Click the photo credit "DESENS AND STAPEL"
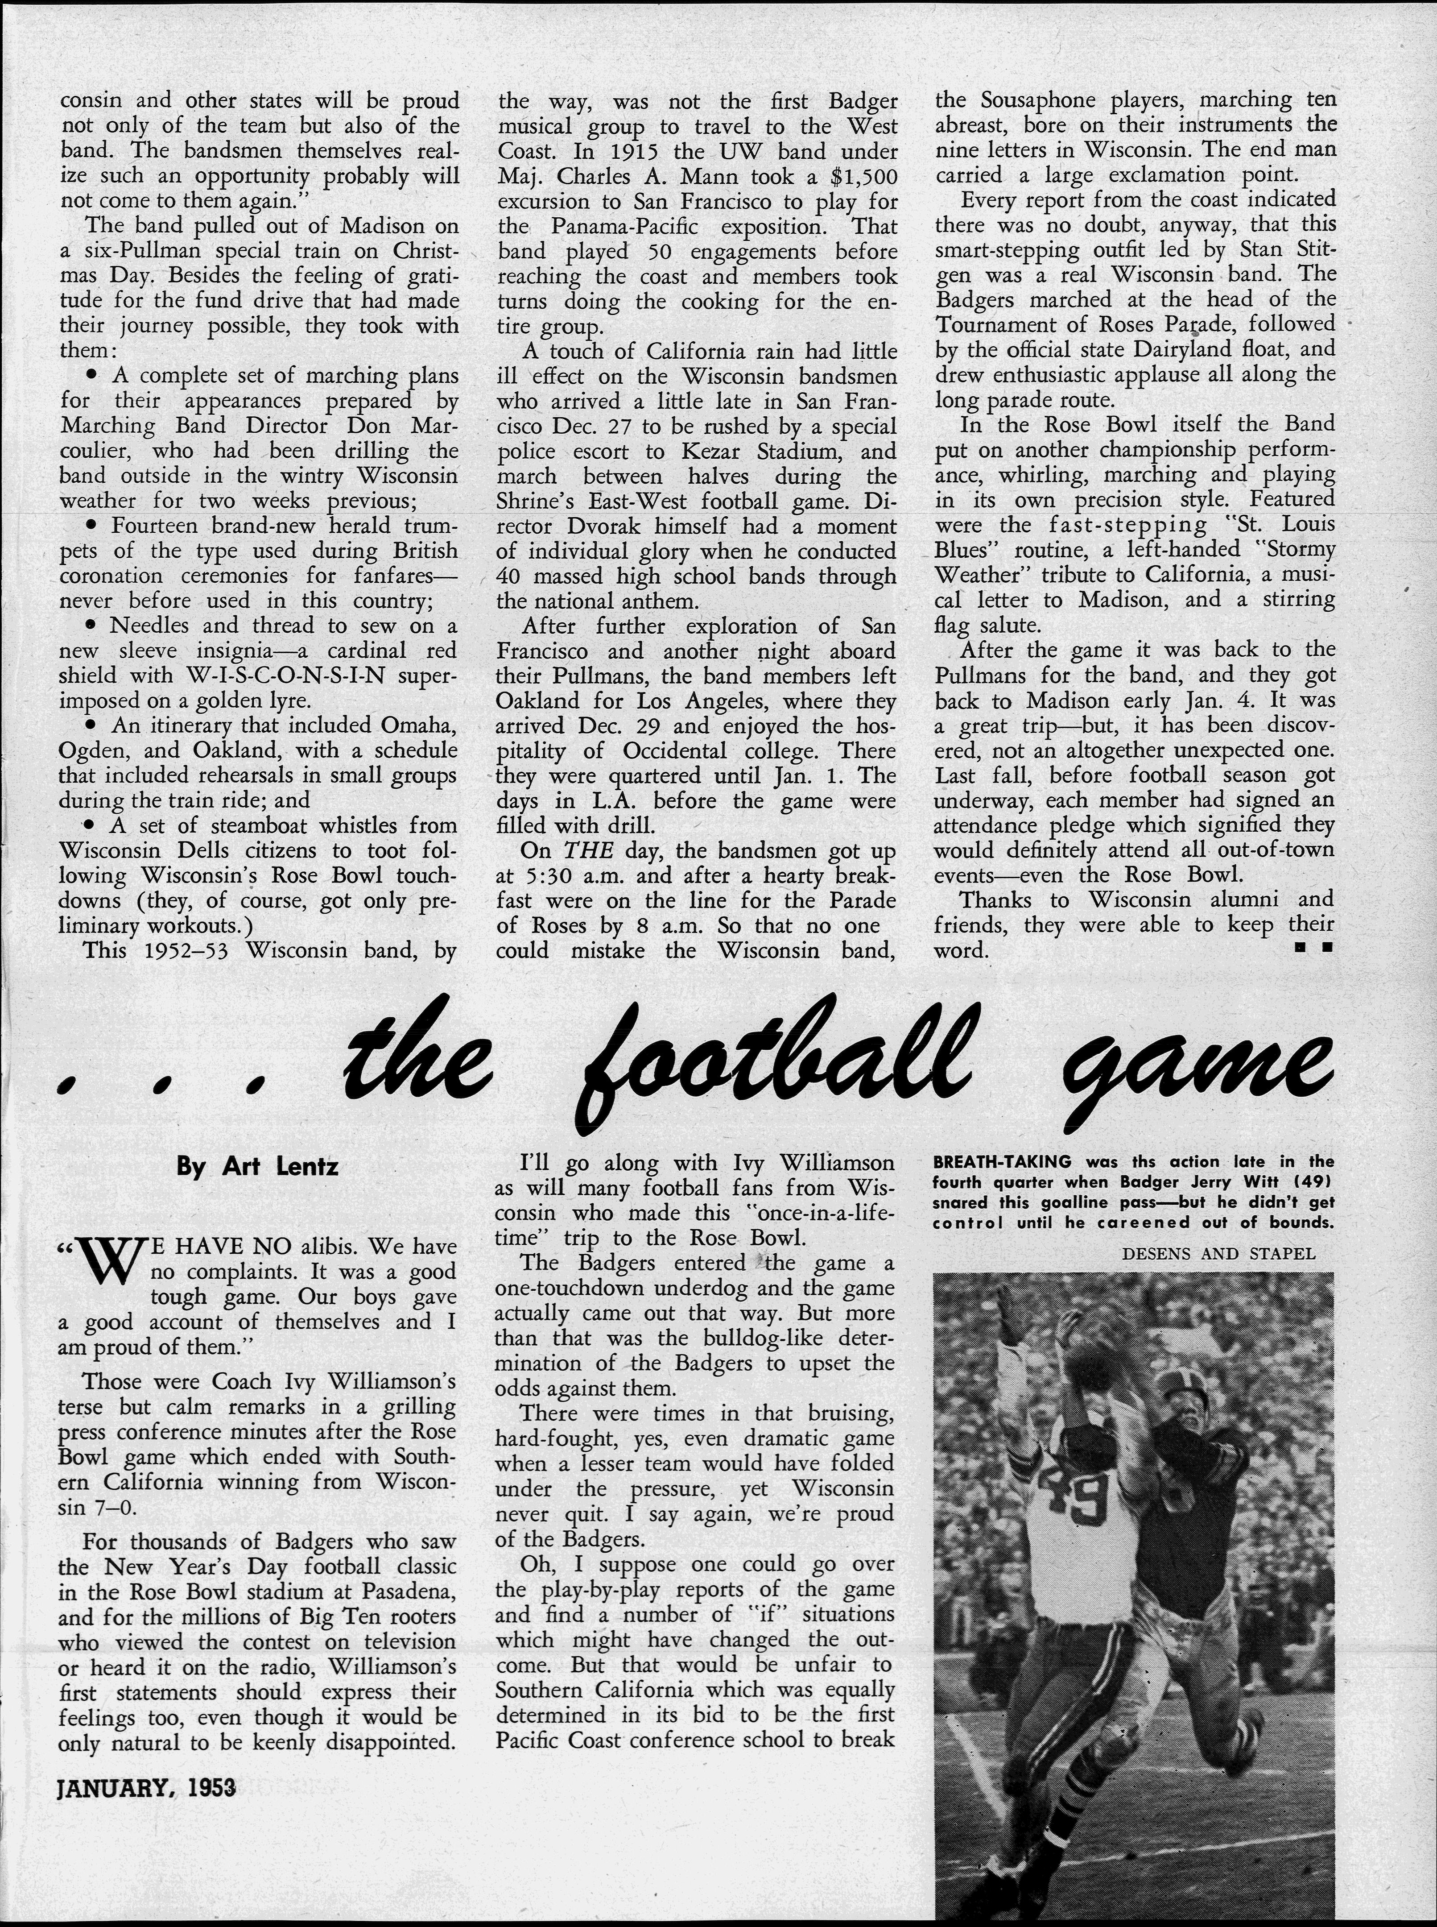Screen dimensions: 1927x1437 click(1218, 1254)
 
